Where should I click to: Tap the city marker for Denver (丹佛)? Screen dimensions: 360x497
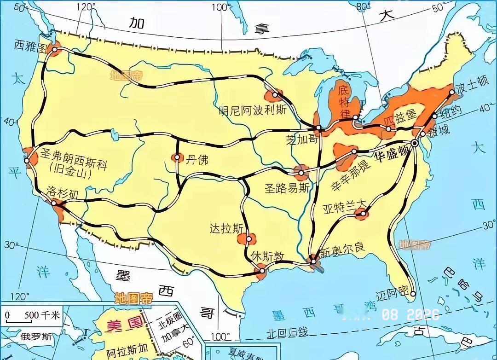(177, 158)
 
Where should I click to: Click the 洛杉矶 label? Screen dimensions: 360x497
(63, 192)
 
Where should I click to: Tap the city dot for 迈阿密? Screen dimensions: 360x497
(413, 294)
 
